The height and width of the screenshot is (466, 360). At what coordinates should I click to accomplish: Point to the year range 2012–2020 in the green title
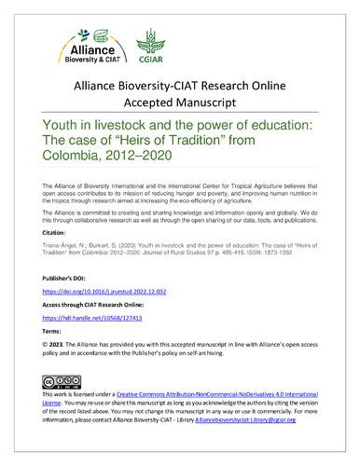point(127,155)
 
